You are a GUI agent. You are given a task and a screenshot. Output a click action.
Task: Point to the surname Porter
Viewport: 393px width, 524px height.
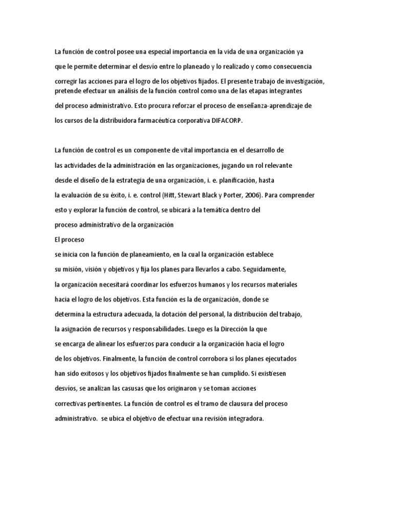click(239, 195)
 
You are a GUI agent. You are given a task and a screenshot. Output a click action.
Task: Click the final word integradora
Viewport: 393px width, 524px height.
click(245, 418)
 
